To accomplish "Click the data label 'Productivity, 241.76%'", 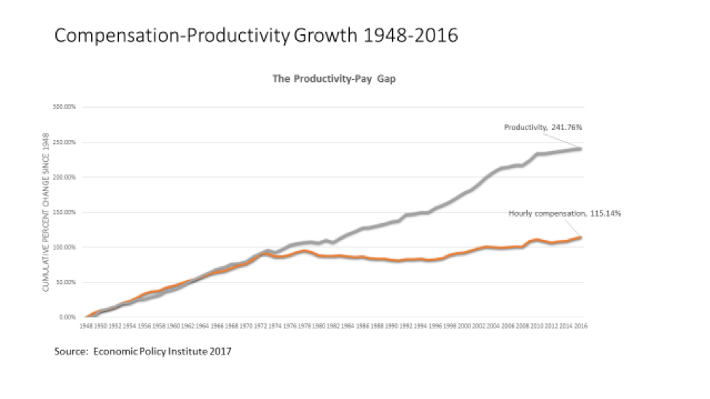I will click(542, 127).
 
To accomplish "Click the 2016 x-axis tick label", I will click(580, 327).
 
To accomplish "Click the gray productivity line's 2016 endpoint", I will click(581, 149).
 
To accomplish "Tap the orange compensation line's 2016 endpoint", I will click(581, 237).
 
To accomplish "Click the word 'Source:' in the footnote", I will click(69, 352).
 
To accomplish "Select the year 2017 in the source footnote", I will click(219, 352).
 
